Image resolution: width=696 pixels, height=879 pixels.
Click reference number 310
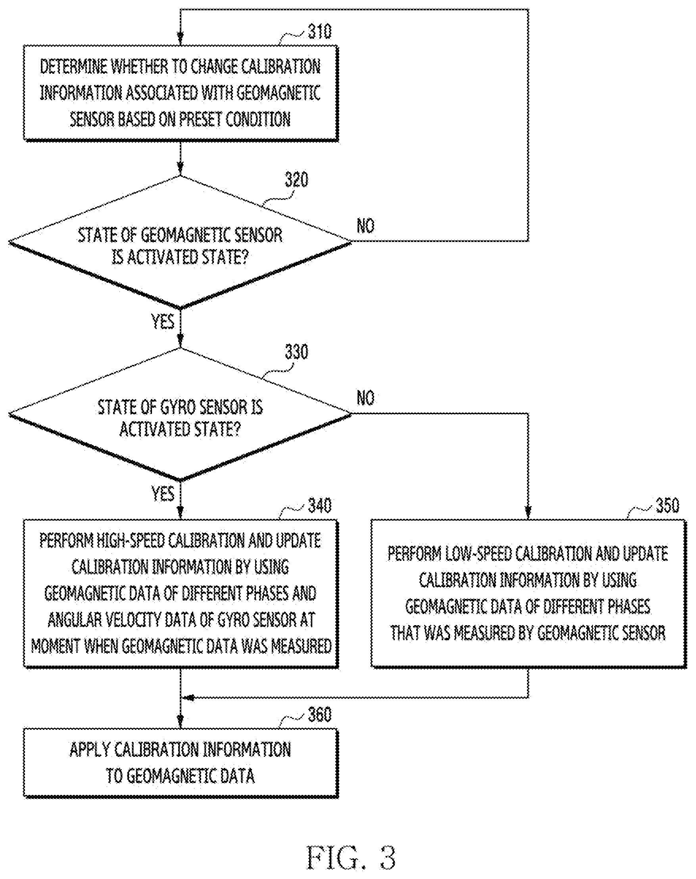(319, 32)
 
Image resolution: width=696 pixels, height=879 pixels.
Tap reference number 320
(296, 180)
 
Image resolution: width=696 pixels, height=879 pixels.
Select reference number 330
(296, 351)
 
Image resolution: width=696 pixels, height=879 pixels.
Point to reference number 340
(319, 505)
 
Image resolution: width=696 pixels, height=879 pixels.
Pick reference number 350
(667, 505)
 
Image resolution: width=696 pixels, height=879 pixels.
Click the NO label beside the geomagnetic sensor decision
(365, 226)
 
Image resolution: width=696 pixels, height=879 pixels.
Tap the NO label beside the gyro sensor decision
(365, 398)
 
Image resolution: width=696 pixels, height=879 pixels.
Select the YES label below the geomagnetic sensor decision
(163, 321)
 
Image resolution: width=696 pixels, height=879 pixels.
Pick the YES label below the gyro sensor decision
(163, 494)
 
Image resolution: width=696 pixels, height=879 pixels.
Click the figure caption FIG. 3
(351, 857)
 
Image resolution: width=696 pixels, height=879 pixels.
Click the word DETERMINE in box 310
(74, 66)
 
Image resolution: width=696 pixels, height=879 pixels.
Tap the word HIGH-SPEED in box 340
(130, 541)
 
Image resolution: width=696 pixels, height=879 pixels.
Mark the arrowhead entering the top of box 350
(528, 513)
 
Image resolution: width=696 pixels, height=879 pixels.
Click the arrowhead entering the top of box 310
(180, 39)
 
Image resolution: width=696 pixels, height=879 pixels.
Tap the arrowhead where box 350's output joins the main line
(187, 698)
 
